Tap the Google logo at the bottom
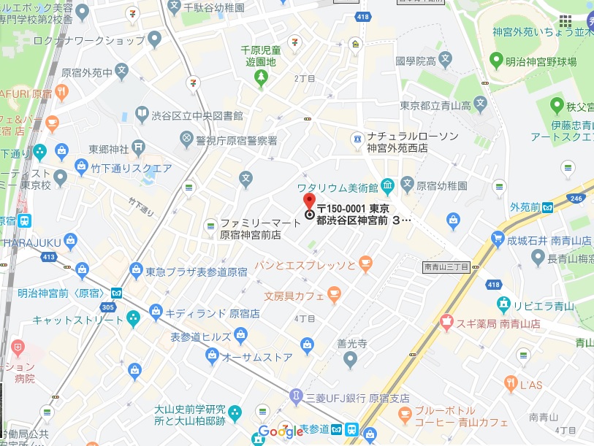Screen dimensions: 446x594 [x=281, y=431]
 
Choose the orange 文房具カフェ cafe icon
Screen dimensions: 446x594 [x=334, y=294]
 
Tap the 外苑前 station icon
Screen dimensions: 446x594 [x=547, y=207]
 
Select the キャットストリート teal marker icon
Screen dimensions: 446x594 [x=133, y=319]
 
